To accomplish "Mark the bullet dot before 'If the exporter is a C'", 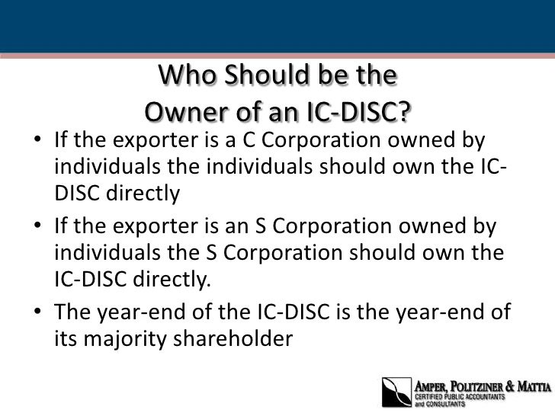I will [x=39, y=142].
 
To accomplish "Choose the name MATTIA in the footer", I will [x=533, y=386].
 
